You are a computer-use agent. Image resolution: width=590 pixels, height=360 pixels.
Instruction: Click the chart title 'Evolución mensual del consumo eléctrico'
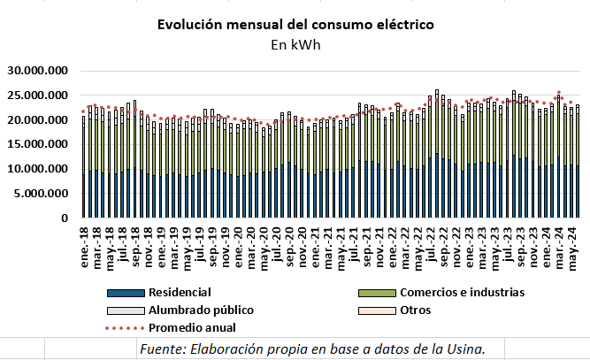[x=295, y=25]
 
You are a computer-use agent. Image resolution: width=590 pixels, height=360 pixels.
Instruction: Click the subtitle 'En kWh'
[x=294, y=43]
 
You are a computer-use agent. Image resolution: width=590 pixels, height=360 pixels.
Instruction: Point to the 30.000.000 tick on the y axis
[x=38, y=71]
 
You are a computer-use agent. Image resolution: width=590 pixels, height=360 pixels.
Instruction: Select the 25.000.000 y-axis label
[x=38, y=95]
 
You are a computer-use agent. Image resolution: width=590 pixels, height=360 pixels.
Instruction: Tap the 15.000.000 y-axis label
[x=38, y=143]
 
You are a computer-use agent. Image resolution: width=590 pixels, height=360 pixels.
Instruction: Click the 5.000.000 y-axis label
[x=42, y=192]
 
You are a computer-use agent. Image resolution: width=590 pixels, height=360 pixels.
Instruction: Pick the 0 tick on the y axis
[x=65, y=217]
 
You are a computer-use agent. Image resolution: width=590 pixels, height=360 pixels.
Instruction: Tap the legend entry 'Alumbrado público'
[x=201, y=310]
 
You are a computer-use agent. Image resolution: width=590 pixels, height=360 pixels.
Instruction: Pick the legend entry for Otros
[x=416, y=310]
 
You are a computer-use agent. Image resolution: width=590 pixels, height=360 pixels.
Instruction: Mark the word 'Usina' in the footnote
[x=463, y=349]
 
